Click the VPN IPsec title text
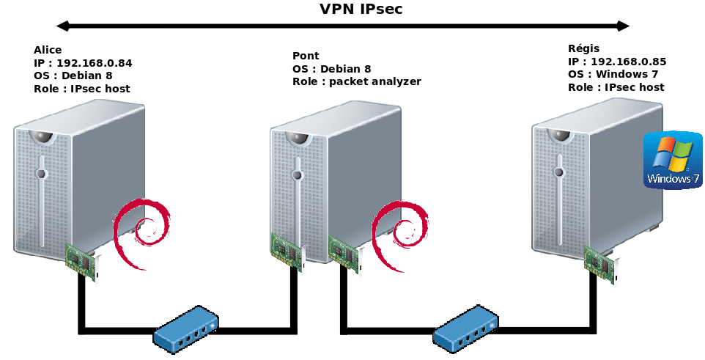(x=361, y=9)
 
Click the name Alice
(x=48, y=50)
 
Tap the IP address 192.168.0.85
(x=628, y=62)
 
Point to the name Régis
(x=583, y=49)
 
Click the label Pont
(x=306, y=56)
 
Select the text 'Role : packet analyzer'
(x=357, y=81)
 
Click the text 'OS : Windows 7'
(x=613, y=74)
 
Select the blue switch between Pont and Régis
(x=465, y=329)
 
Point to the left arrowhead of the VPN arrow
(x=63, y=26)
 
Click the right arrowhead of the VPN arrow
(x=624, y=26)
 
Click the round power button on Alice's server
(x=41, y=174)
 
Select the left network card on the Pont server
(x=287, y=251)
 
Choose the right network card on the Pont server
(x=344, y=254)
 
